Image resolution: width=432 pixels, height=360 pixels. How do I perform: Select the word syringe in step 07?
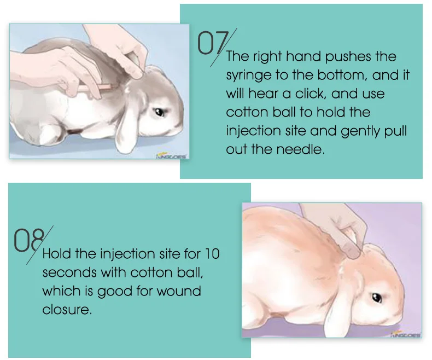248,75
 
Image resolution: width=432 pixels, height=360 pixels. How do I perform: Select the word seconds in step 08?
66,272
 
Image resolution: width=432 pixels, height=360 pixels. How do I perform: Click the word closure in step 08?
66,310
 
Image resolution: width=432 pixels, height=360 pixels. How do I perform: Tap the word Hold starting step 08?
57,254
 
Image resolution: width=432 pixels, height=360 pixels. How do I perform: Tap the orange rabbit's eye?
377,298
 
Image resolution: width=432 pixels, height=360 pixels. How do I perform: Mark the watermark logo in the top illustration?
171,155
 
